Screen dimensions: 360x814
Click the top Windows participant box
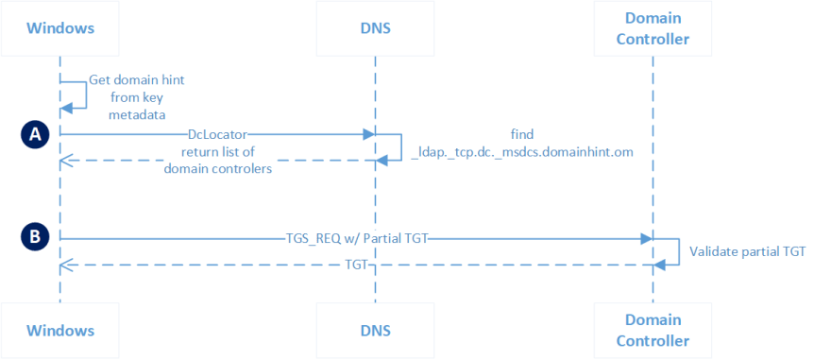[59, 27]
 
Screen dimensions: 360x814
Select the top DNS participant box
[375, 27]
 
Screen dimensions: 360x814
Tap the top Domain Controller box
[651, 27]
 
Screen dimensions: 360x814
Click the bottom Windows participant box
[59, 331]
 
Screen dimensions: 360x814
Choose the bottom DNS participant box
[375, 331]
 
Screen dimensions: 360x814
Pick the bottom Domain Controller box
[651, 331]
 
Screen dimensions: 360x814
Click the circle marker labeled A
[35, 135]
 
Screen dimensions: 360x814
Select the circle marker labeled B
[35, 237]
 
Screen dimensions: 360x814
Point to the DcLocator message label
[217, 135]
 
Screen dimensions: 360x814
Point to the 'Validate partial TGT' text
[747, 251]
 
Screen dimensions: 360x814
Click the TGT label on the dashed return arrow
[355, 266]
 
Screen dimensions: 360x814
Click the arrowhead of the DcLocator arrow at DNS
[369, 135]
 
